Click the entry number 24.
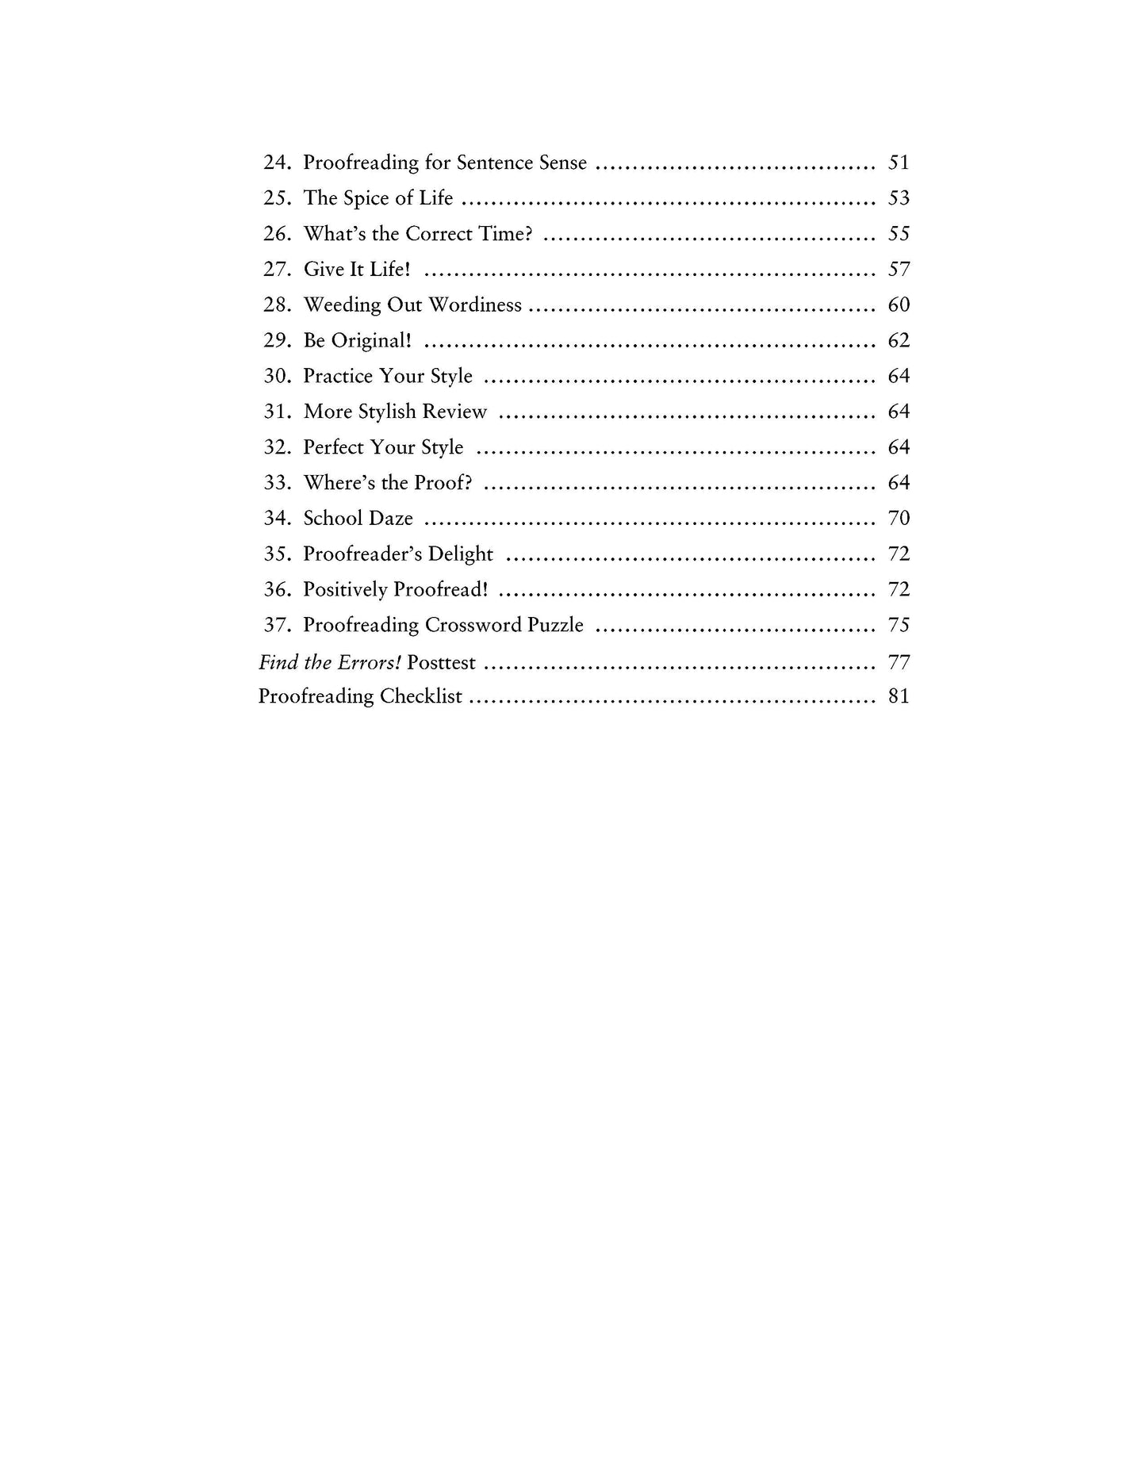tap(277, 163)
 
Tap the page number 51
tap(898, 163)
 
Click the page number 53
tap(898, 198)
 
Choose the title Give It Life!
tap(357, 270)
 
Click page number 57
tap(898, 270)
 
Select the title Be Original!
tap(357, 341)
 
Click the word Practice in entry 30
tap(338, 376)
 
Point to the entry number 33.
tap(277, 483)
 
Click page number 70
tap(898, 519)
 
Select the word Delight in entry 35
tap(460, 554)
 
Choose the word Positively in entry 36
tap(345, 590)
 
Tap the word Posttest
tap(441, 662)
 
